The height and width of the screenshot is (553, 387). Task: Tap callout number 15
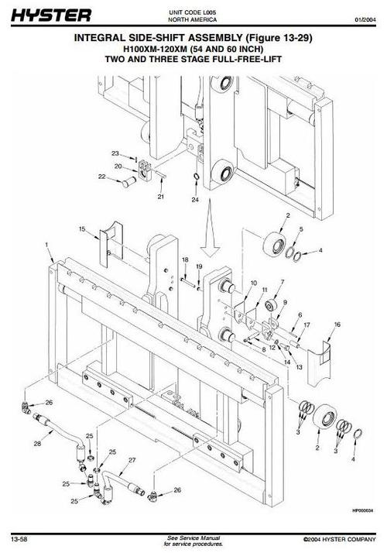(81, 229)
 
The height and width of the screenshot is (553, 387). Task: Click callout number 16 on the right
(337, 323)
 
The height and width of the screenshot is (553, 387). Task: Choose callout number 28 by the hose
(36, 445)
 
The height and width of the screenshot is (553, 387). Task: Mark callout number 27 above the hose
(132, 460)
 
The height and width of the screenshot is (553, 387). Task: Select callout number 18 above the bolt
(185, 259)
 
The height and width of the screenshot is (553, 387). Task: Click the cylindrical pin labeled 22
(123, 180)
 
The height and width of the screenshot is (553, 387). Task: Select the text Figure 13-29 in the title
(269, 36)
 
